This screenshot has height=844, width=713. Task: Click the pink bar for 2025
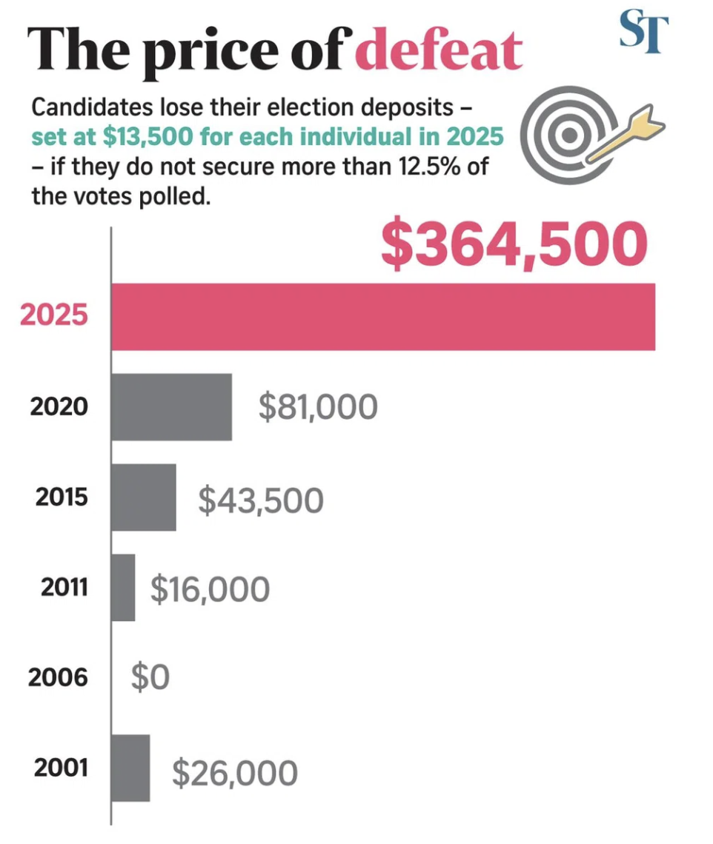(x=383, y=316)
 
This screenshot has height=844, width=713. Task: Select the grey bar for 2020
(x=171, y=407)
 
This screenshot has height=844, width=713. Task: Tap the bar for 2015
(x=144, y=498)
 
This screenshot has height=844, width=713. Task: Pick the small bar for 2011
(x=123, y=588)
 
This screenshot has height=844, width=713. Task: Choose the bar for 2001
(x=130, y=768)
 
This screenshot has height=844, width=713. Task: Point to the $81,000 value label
(x=318, y=407)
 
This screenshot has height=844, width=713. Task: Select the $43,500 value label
(x=260, y=500)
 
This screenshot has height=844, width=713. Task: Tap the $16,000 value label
(x=210, y=589)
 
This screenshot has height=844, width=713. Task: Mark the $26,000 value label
(x=235, y=772)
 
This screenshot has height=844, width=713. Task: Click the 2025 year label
(x=54, y=315)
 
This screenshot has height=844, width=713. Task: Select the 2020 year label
(x=59, y=406)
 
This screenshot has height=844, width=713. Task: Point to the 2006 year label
(x=59, y=677)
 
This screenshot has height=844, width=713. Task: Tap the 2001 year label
(x=61, y=768)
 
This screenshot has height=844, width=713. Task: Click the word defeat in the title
(x=444, y=52)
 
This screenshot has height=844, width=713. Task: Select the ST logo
(x=643, y=32)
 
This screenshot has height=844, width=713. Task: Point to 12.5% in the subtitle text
(x=424, y=167)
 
